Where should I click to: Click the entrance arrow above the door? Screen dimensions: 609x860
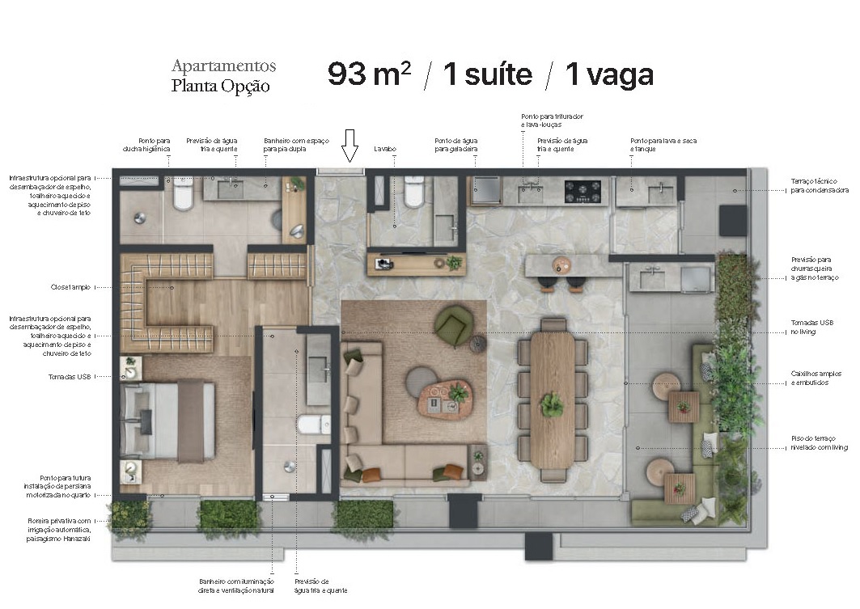tap(350, 146)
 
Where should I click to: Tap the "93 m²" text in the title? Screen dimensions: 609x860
tap(369, 74)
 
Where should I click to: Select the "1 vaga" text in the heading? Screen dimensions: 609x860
tap(609, 74)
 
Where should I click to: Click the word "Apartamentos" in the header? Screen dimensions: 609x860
tap(223, 66)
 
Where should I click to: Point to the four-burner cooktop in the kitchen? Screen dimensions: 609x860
tap(582, 191)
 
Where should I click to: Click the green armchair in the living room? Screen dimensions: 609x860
tap(452, 325)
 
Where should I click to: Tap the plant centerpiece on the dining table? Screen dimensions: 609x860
tap(553, 404)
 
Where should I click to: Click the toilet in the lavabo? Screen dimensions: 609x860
tap(413, 192)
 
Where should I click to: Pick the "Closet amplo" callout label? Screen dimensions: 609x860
tap(70, 287)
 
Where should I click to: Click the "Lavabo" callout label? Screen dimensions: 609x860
tap(384, 150)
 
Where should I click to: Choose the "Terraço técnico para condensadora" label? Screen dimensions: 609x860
tap(820, 185)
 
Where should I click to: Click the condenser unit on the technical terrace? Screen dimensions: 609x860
tap(732, 220)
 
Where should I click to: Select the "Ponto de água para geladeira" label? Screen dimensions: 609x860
tap(456, 145)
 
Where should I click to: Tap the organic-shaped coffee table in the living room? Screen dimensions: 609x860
tap(444, 398)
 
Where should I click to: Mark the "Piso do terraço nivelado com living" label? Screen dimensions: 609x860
tap(819, 442)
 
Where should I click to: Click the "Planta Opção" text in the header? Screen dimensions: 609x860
tap(220, 86)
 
